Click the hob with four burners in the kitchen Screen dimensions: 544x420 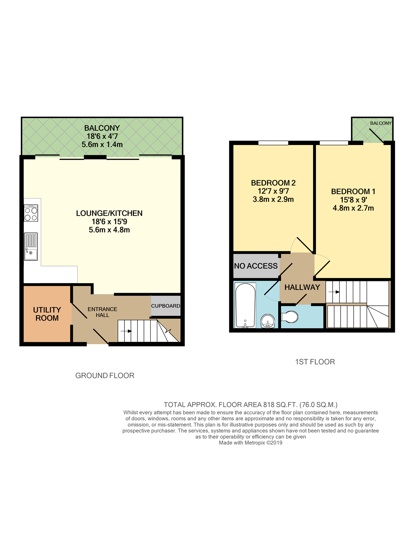coord(31,213)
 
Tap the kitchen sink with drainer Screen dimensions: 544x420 coord(31,246)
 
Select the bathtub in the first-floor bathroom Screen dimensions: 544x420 coord(245,305)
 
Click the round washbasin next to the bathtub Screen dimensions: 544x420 coord(267,321)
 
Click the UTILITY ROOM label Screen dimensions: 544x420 coord(47,314)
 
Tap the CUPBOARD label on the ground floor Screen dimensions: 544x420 coord(166,306)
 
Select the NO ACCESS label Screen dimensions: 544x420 coord(256,266)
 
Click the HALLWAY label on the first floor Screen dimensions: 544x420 coord(302,287)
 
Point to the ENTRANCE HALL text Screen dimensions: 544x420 coord(102,312)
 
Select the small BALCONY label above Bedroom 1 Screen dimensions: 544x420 coord(381,123)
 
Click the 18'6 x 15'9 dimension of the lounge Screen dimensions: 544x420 coord(109,222)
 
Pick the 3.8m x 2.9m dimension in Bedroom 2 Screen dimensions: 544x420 coord(273,200)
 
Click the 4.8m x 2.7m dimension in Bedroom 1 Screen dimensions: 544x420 coord(353,208)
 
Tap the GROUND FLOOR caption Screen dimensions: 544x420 coord(105,376)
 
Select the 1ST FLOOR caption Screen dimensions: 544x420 coord(315,362)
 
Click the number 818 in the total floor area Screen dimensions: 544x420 coord(269,405)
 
